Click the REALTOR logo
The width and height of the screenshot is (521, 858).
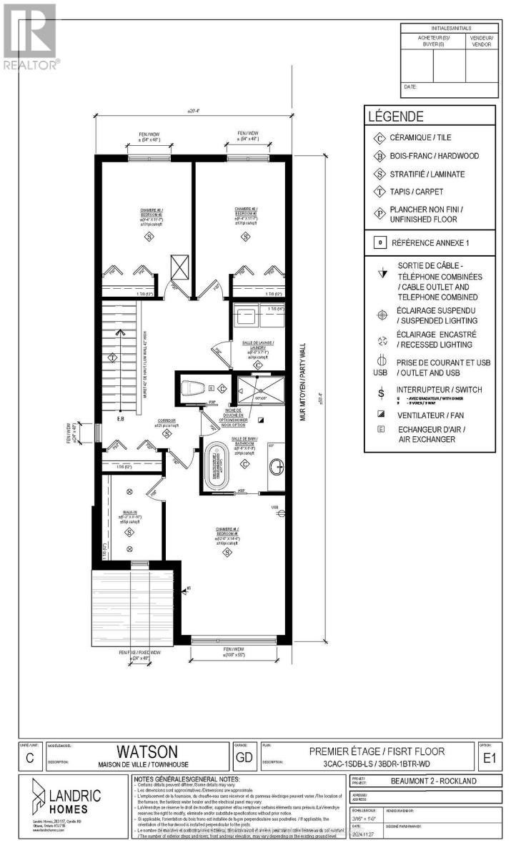30,36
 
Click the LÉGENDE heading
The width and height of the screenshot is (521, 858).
395,117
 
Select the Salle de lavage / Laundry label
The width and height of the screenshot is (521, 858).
258,344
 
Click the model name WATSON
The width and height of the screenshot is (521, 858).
137,751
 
